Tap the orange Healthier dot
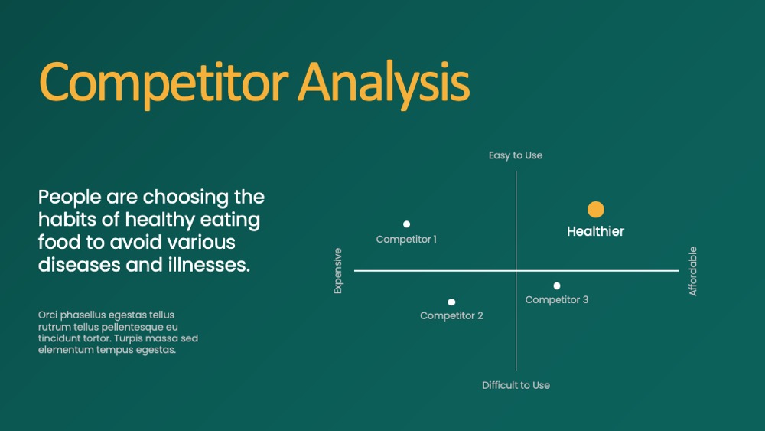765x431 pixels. click(596, 210)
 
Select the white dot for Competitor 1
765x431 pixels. click(406, 224)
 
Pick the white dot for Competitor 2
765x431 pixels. click(451, 302)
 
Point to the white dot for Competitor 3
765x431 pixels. click(557, 286)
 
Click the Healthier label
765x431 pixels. click(595, 231)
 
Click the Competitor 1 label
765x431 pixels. click(406, 239)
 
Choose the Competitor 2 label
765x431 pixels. click(451, 316)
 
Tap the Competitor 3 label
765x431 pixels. click(557, 299)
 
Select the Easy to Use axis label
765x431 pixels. click(516, 155)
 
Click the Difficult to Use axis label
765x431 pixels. click(516, 385)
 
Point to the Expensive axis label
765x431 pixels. click(337, 271)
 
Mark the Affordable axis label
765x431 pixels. click(693, 272)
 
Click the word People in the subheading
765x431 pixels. click(70, 198)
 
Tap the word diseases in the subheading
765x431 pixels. click(80, 265)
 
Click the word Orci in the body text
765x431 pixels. click(47, 315)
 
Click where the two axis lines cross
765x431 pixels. click(516, 270)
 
